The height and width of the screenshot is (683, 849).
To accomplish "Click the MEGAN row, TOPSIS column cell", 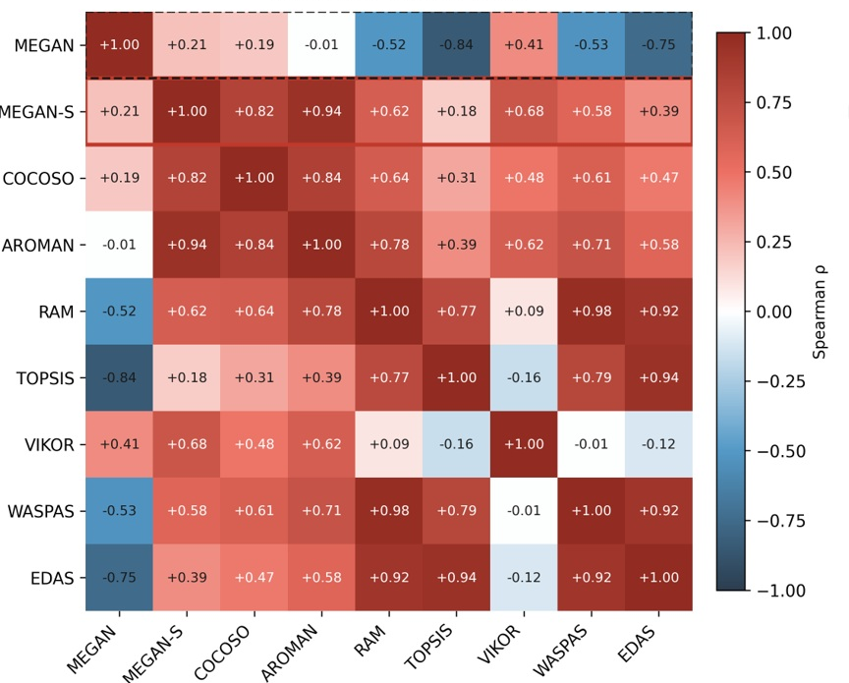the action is tap(457, 45).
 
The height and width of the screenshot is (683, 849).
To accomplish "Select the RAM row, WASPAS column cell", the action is tap(592, 312).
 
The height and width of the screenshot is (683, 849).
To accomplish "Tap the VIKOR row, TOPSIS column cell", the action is tap(457, 444).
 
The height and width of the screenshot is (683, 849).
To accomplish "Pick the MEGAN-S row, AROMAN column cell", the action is tap(321, 112).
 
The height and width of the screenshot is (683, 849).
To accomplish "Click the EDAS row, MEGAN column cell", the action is tap(119, 578).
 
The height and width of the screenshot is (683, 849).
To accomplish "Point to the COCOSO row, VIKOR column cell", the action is tap(524, 178).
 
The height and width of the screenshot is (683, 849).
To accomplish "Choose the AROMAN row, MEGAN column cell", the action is tap(119, 245).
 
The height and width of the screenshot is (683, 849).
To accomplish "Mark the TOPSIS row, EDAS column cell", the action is tap(659, 378).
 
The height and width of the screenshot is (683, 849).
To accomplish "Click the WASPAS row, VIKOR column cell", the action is tap(524, 511).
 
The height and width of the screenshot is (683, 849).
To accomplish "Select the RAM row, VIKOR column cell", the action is tap(524, 312).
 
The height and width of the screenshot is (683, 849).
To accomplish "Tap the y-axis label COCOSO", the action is tap(38, 179).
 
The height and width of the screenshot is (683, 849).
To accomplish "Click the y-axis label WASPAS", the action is tap(40, 511).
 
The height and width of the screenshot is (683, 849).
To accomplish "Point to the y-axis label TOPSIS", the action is tap(45, 378).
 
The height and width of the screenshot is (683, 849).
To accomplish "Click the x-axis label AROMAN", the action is tap(290, 651).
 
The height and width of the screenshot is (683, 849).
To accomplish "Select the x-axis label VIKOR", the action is tap(499, 643).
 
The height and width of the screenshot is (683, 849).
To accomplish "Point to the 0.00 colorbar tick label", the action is tap(773, 312).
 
